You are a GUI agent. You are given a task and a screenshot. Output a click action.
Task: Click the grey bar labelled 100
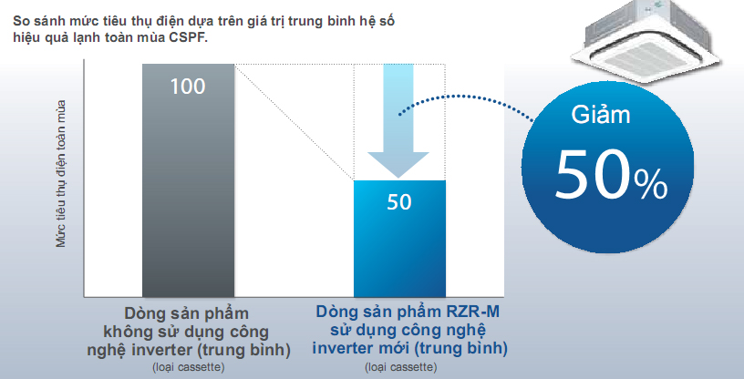click(x=188, y=182)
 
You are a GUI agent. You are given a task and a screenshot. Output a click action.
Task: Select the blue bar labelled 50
click(x=399, y=246)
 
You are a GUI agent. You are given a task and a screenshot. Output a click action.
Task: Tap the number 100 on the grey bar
click(x=188, y=87)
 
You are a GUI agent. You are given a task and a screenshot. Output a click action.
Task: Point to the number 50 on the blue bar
click(x=399, y=201)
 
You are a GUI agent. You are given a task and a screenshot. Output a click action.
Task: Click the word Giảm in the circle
click(x=601, y=116)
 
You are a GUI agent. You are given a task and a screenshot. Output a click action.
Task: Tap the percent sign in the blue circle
click(x=652, y=186)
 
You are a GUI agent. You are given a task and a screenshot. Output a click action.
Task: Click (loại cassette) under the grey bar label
click(x=188, y=366)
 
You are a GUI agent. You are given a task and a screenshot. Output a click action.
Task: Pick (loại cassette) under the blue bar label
click(x=400, y=366)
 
